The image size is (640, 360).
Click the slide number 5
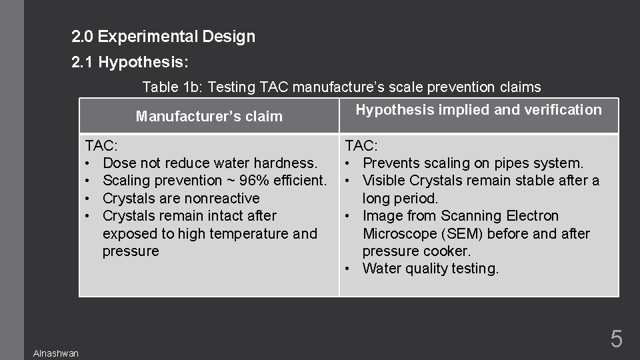pyautogui.click(x=617, y=339)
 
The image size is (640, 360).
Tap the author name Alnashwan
pyautogui.click(x=56, y=353)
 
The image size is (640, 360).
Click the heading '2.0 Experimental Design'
pyautogui.click(x=163, y=37)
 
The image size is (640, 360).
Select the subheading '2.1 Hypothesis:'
pyautogui.click(x=130, y=63)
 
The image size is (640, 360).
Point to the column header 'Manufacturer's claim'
pyautogui.click(x=209, y=117)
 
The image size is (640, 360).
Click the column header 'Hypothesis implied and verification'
pyautogui.click(x=479, y=110)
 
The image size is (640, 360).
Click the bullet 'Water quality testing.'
pyautogui.click(x=430, y=269)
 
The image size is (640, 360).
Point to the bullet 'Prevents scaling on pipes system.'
pyautogui.click(x=473, y=163)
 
